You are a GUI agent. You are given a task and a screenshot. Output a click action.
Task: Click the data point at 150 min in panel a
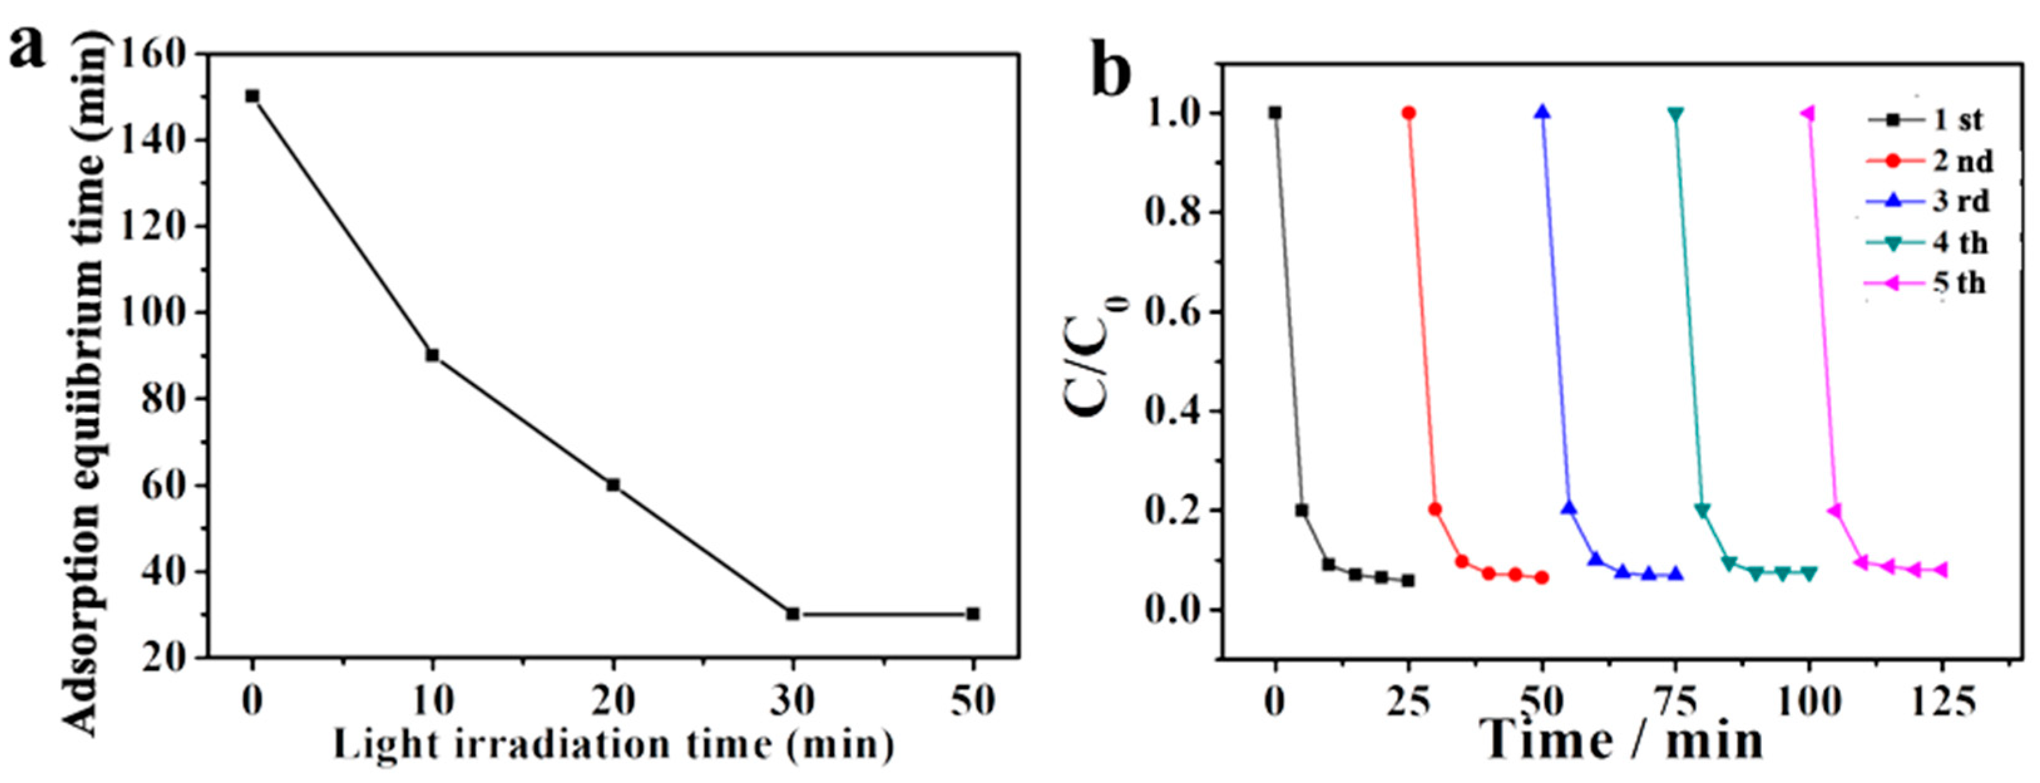click(252, 96)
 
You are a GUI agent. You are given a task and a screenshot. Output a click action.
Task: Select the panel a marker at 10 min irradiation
click(432, 355)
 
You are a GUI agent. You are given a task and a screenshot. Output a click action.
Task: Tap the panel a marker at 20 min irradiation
click(613, 484)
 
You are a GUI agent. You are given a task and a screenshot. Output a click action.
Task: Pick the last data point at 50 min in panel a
click(973, 614)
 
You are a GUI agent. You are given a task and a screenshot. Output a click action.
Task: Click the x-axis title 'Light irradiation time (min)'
click(613, 745)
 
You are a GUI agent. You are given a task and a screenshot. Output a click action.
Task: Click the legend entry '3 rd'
click(1960, 201)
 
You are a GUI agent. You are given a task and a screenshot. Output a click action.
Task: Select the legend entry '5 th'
click(1959, 283)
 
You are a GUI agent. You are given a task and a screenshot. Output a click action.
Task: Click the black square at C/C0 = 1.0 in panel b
click(1274, 112)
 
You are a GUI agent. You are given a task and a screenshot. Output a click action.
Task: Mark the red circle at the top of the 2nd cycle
click(1408, 112)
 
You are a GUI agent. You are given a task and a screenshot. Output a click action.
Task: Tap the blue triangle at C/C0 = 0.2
click(1569, 509)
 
